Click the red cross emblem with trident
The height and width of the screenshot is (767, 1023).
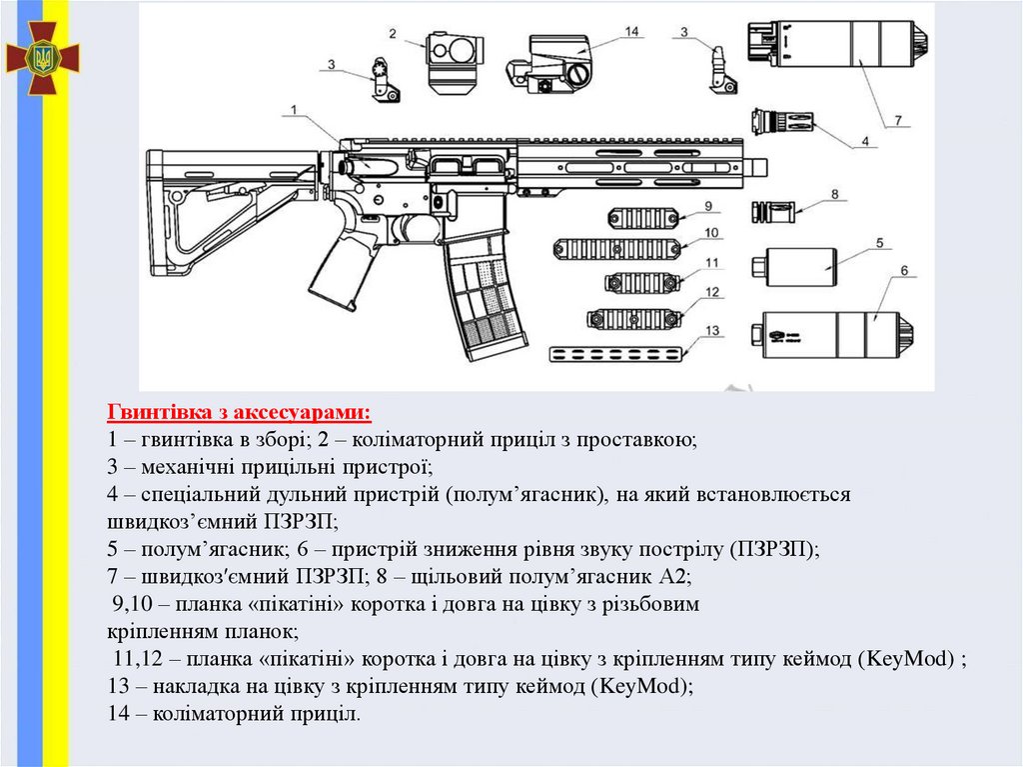42,59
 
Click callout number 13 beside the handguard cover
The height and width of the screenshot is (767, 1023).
711,330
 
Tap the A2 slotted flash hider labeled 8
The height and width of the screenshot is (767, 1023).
774,212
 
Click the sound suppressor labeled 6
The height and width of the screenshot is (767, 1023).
835,332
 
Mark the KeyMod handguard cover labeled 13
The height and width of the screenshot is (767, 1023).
618,352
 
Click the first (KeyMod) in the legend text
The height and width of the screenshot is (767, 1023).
910,659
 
